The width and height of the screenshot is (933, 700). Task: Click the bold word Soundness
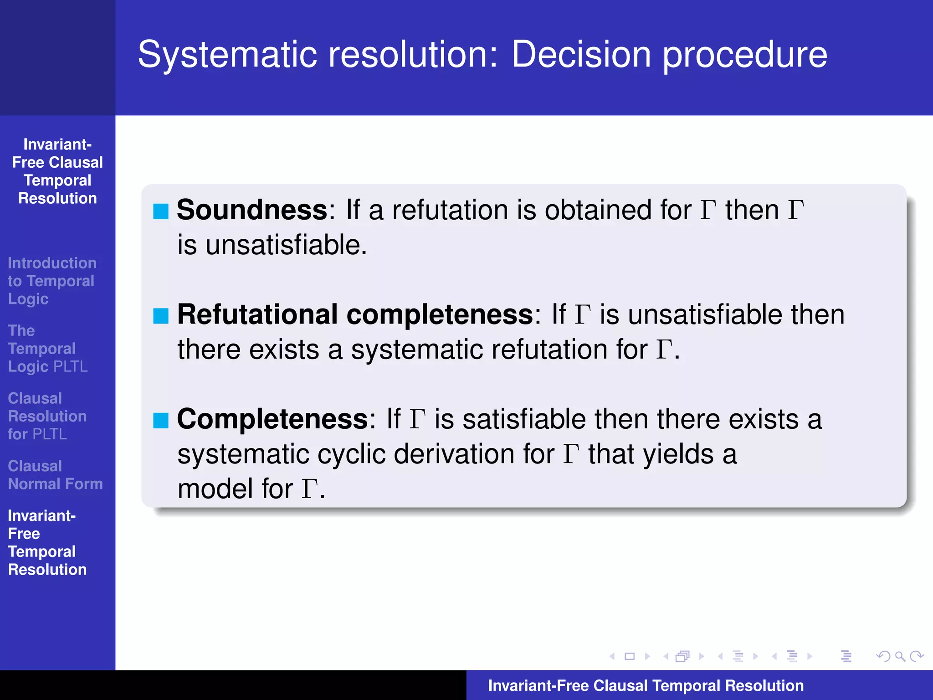pyautogui.click(x=252, y=210)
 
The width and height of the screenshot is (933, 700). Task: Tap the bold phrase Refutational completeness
pyautogui.click(x=355, y=314)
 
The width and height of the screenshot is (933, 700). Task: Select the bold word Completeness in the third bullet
pyautogui.click(x=272, y=419)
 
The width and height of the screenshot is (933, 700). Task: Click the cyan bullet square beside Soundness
pyautogui.click(x=161, y=211)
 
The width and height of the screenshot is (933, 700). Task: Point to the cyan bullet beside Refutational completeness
pyautogui.click(x=161, y=316)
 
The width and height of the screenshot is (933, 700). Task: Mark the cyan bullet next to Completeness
pyautogui.click(x=161, y=420)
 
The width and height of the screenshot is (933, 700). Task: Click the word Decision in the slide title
pyautogui.click(x=581, y=55)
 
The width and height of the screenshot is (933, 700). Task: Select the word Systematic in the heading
pyautogui.click(x=227, y=55)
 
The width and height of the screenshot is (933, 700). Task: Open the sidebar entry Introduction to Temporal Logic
pyautogui.click(x=51, y=281)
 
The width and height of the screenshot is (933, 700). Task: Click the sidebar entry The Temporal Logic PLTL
pyautogui.click(x=47, y=349)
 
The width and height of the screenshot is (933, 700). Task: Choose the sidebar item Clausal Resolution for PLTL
pyautogui.click(x=47, y=416)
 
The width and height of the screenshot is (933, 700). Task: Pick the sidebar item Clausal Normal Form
pyautogui.click(x=55, y=475)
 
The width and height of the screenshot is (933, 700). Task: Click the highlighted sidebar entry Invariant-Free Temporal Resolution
pyautogui.click(x=47, y=542)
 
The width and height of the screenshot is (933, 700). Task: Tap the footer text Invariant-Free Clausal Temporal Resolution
pyautogui.click(x=646, y=685)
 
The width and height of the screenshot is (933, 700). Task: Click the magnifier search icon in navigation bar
pyautogui.click(x=900, y=656)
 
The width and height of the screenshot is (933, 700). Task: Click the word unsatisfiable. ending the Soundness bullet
pyautogui.click(x=286, y=245)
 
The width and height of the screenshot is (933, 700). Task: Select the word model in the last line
pyautogui.click(x=215, y=489)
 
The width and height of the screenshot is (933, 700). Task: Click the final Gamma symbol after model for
pyautogui.click(x=309, y=489)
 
